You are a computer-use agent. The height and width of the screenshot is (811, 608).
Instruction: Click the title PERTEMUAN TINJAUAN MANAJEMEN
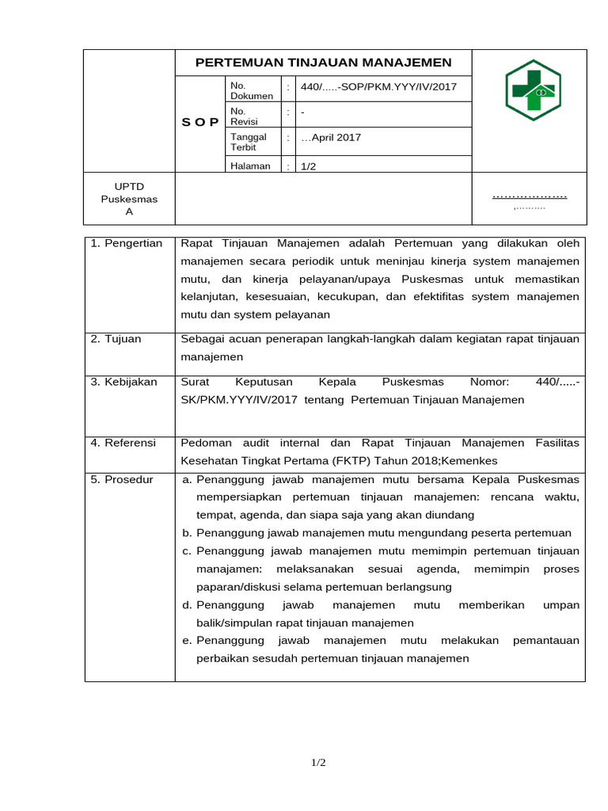(x=323, y=63)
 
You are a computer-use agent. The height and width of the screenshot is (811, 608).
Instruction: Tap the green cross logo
(x=533, y=89)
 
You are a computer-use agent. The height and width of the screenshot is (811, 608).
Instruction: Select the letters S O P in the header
(x=200, y=122)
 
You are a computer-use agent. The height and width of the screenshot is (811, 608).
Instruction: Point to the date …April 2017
(x=331, y=137)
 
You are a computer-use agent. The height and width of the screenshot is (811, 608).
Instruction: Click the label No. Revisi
(x=239, y=116)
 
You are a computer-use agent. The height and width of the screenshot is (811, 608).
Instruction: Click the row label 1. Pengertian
(x=127, y=243)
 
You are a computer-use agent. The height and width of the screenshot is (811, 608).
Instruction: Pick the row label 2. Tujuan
(x=116, y=339)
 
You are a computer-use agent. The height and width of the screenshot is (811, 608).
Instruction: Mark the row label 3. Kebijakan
(x=124, y=382)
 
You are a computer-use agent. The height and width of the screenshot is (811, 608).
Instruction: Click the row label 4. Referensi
(x=123, y=443)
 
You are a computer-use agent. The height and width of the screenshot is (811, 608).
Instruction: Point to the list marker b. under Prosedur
(x=188, y=533)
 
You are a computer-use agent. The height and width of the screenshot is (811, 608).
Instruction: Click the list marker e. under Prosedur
(x=188, y=640)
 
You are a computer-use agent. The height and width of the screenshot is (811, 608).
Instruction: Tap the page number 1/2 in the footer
(x=318, y=763)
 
